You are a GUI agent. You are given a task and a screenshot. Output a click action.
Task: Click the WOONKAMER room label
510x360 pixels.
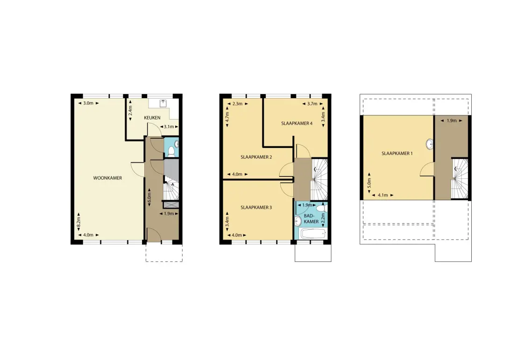(x=107, y=178)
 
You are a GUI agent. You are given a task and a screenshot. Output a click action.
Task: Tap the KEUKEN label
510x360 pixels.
(x=152, y=118)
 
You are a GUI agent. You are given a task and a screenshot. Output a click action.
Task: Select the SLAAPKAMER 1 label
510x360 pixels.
(x=397, y=153)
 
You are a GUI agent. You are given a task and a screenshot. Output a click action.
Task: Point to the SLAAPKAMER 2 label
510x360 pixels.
(x=256, y=157)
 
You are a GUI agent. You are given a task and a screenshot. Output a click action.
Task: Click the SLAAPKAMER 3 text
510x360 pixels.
(x=256, y=207)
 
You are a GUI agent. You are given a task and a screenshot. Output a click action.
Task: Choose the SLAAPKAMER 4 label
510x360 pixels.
(x=297, y=124)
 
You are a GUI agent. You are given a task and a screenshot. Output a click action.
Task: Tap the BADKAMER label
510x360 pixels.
(x=311, y=219)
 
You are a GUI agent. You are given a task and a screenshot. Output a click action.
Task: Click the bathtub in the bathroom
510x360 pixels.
(x=313, y=233)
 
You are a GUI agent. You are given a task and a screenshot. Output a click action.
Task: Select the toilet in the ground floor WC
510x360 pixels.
(x=171, y=152)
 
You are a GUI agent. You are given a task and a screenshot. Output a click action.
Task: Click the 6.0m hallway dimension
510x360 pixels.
(x=149, y=197)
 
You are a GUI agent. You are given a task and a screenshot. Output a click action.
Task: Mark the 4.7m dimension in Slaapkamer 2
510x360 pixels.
(x=227, y=117)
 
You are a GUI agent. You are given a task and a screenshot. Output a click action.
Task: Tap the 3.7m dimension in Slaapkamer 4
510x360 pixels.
(x=312, y=104)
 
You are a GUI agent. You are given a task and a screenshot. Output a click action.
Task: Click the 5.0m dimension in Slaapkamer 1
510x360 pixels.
(x=369, y=183)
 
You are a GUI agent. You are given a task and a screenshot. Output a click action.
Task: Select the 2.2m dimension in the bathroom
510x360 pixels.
(x=323, y=218)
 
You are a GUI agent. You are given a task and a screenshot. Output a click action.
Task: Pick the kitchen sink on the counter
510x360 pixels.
(x=163, y=103)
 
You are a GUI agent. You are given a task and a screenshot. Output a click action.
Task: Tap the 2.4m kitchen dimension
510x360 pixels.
(x=130, y=111)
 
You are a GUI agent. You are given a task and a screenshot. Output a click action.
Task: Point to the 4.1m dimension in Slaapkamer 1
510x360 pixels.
(x=383, y=195)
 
